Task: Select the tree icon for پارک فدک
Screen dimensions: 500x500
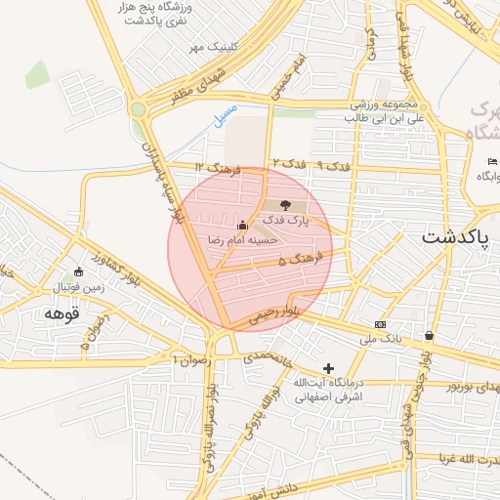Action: point(285,206)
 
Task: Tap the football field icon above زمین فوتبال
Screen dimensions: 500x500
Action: point(79,271)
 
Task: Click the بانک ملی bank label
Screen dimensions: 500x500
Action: point(383,339)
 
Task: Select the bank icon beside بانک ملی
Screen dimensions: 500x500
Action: point(380,324)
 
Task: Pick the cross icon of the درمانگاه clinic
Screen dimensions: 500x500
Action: point(328,369)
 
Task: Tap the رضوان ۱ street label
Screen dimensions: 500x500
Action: point(191,359)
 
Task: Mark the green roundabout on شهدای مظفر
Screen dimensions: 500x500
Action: point(140,109)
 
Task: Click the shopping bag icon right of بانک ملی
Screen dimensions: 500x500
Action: point(429,336)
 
